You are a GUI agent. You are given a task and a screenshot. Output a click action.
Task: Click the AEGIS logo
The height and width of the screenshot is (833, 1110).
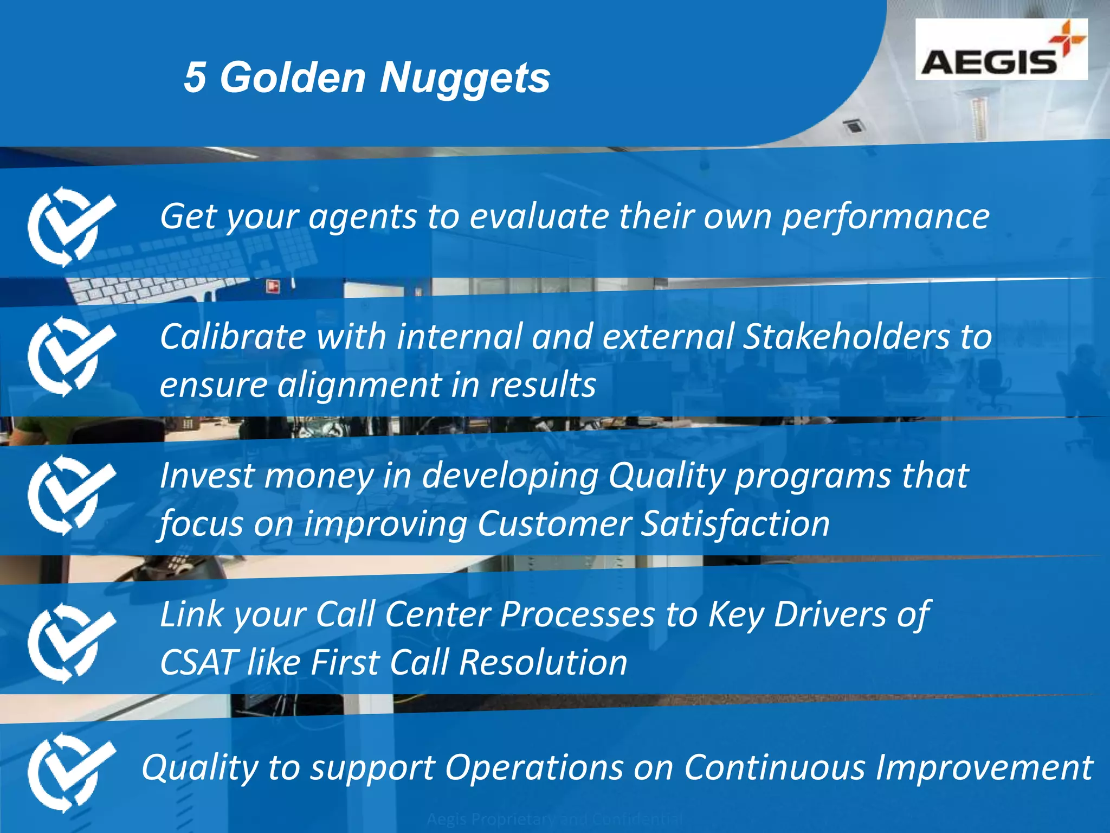point(1001,50)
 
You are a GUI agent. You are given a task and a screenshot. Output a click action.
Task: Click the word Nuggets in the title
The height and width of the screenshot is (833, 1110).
point(464,77)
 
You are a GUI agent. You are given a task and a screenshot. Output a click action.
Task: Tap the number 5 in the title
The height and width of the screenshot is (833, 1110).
point(195,77)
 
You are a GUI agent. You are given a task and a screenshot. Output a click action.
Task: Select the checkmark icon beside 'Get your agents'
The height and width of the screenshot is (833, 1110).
point(71,226)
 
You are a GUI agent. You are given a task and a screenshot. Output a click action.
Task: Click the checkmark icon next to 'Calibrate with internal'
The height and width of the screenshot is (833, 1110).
point(71,356)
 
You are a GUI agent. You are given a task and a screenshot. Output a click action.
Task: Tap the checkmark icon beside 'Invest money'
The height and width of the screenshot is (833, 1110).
point(71,495)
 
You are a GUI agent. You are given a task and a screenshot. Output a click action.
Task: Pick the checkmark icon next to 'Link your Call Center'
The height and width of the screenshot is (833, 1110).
point(71,643)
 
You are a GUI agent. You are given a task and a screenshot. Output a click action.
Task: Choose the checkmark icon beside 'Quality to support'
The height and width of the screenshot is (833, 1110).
point(71,772)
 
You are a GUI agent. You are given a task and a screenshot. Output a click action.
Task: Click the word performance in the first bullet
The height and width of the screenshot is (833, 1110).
point(885,217)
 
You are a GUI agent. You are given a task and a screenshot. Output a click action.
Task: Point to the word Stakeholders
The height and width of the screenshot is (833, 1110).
point(846,336)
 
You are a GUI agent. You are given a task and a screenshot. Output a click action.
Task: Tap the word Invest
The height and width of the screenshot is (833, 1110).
point(206,476)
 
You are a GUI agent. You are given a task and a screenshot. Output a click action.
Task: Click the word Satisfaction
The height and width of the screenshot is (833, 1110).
point(735,524)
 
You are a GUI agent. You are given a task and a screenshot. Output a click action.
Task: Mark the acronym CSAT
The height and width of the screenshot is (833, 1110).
point(198,663)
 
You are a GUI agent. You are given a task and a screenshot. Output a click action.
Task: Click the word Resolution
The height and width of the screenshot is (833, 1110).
point(543,663)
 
